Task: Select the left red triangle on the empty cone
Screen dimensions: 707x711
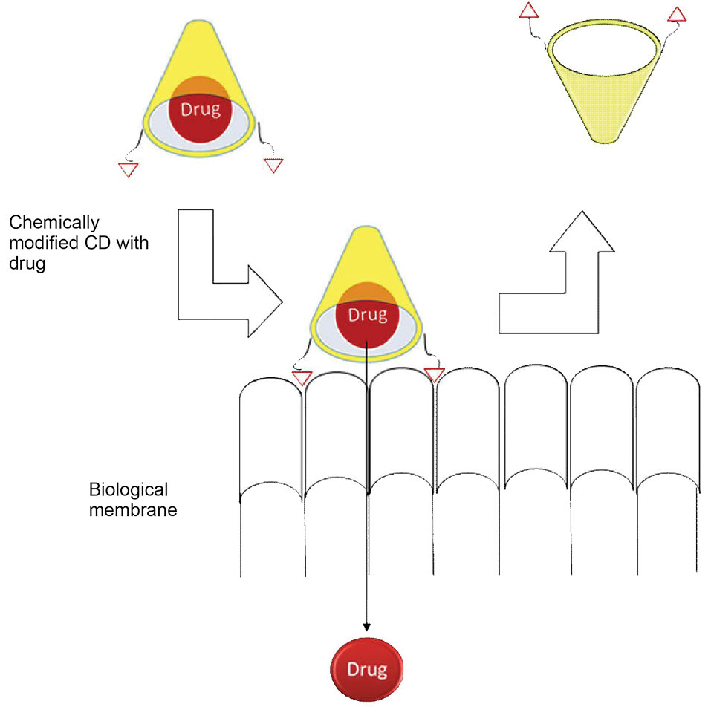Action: pos(528,11)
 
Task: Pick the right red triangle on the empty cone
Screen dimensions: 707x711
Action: pos(677,13)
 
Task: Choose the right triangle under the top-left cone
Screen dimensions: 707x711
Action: pos(273,164)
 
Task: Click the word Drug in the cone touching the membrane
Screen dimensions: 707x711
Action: pos(368,315)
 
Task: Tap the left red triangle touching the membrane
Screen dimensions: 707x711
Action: pos(301,377)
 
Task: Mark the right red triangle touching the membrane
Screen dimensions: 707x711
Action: pos(434,374)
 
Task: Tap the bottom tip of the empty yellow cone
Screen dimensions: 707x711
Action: pos(602,140)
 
